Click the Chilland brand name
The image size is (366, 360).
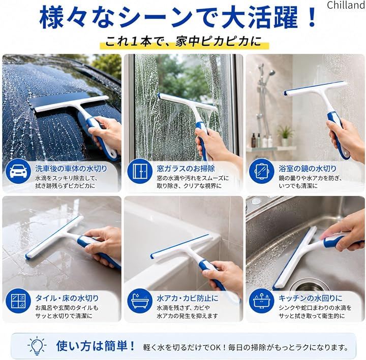click(x=346, y=5)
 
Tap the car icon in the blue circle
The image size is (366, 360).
click(x=18, y=172)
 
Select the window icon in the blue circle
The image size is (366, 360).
click(x=140, y=172)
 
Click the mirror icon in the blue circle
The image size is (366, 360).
click(x=261, y=172)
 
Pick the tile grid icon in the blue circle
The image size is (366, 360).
click(x=18, y=301)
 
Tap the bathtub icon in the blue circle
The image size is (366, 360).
click(x=140, y=301)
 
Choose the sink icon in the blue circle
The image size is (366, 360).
click(x=261, y=301)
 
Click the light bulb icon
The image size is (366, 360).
click(x=37, y=346)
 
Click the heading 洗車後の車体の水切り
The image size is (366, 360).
click(x=71, y=169)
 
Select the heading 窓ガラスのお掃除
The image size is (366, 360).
click(x=186, y=169)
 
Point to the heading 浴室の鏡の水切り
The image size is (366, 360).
click(x=308, y=169)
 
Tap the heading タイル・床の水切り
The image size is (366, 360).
click(x=67, y=298)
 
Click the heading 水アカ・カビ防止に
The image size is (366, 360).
click(x=188, y=298)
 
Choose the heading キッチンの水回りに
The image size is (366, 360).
click(x=311, y=298)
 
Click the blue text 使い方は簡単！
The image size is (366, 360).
click(x=96, y=346)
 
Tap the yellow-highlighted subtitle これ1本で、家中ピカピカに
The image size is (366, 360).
click(x=183, y=42)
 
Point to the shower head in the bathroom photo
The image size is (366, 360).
click(x=271, y=73)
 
